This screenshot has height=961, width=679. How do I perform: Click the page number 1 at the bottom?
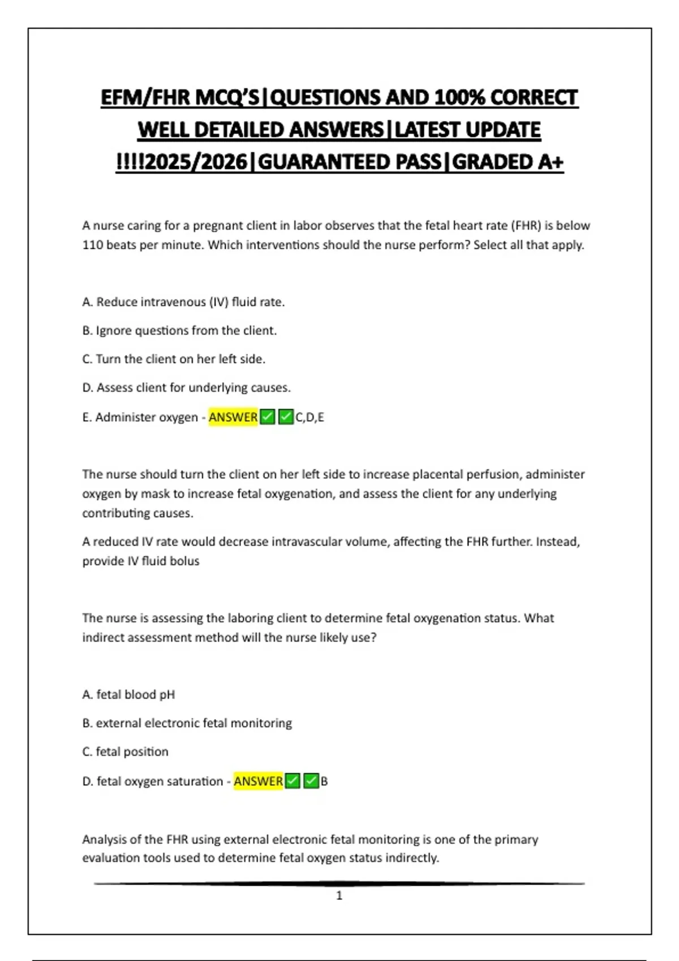[x=339, y=895]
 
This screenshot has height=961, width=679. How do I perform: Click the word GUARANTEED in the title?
[x=350, y=162]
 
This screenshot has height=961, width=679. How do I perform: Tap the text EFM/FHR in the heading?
[x=145, y=98]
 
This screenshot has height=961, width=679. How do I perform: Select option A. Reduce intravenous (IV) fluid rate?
[x=183, y=302]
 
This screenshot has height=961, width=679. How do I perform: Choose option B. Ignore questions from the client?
[x=179, y=330]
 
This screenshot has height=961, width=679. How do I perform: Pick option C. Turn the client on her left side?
[x=174, y=359]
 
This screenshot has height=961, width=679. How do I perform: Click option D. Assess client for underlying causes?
[x=186, y=388]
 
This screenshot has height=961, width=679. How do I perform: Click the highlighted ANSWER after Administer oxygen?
[x=233, y=417]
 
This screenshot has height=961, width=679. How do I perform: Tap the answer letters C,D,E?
[x=310, y=417]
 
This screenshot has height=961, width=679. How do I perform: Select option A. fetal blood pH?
[x=128, y=694]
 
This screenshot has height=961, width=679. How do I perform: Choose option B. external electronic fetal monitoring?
[x=187, y=723]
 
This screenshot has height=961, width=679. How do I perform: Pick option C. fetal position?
[x=125, y=752]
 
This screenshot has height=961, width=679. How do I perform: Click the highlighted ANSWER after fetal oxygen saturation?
[x=258, y=781]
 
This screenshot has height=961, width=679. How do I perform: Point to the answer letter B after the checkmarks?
[x=324, y=781]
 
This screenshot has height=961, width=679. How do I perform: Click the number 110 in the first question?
[x=92, y=245]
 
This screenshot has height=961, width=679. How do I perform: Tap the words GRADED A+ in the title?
[x=508, y=162]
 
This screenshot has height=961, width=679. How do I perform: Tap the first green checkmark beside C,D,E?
[x=268, y=417]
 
